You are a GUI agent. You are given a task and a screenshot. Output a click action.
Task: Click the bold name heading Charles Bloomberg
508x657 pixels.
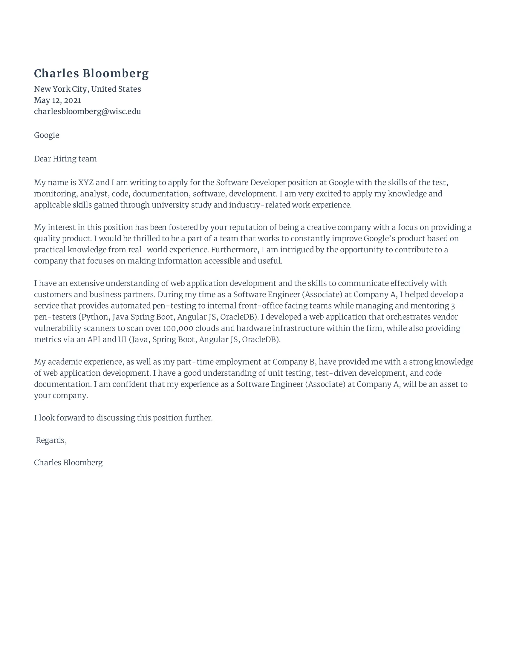[x=91, y=73]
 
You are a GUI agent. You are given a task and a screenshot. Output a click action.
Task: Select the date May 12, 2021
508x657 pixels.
[x=57, y=100]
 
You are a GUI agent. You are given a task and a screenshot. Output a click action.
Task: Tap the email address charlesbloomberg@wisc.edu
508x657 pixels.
[x=87, y=111]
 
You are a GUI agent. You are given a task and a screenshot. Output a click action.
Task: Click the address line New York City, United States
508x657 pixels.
[x=87, y=89]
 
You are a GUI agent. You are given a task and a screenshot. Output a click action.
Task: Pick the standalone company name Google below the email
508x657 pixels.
[x=46, y=135]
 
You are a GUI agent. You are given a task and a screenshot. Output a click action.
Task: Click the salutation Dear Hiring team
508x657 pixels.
[x=65, y=159]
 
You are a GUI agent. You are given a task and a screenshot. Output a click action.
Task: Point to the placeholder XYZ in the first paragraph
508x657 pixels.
[x=86, y=182]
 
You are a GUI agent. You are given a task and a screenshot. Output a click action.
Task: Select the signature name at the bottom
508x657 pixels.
[x=68, y=463]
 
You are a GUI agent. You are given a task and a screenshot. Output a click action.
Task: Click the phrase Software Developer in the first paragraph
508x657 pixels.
[x=251, y=182]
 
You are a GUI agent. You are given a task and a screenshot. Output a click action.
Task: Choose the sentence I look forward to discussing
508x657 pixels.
[x=123, y=418]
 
